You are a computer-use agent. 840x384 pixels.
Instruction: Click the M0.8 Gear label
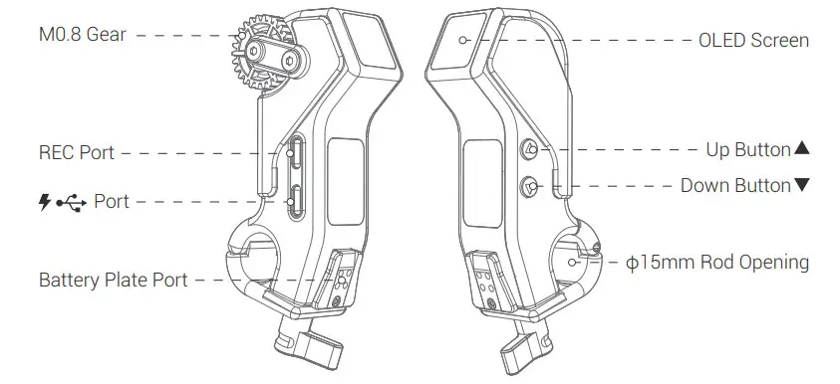[x=83, y=35]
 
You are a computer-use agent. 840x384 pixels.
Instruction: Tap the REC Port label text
[x=77, y=152]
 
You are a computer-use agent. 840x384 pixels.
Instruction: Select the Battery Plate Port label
[x=113, y=280]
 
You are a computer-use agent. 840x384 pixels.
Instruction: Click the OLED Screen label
[x=753, y=40]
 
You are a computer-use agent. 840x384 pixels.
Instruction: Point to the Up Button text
[x=748, y=150]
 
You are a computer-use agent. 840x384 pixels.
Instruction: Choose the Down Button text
[x=735, y=186]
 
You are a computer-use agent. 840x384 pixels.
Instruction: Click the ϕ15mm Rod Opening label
[x=717, y=262]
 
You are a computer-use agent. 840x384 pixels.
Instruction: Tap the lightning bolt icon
[x=45, y=202]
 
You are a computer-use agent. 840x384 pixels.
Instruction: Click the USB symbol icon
[x=72, y=203]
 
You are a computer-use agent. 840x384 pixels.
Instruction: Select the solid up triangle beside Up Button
[x=801, y=148]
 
